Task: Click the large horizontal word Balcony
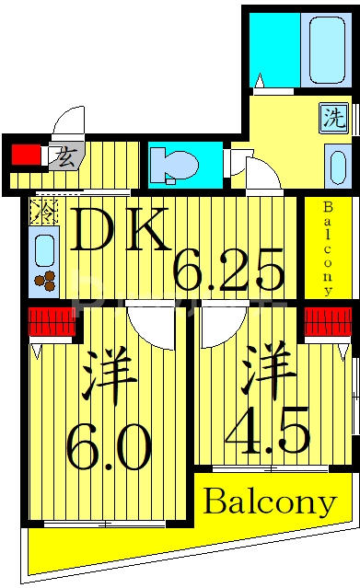click(x=269, y=502)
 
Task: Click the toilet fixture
click(x=176, y=163)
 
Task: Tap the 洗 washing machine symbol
click(x=332, y=118)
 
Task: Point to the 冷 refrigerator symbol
click(x=43, y=211)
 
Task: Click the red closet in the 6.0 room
click(x=50, y=322)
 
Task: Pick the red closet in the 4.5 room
click(x=328, y=321)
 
